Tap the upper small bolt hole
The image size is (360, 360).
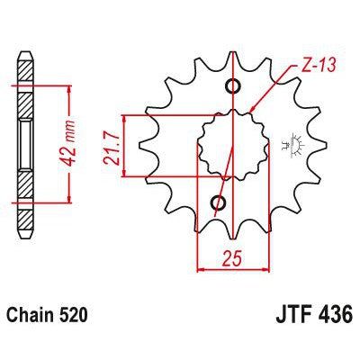(x=234, y=86)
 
